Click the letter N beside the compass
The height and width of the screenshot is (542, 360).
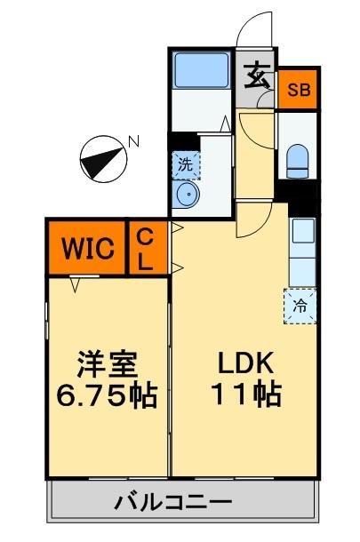coord(133,140)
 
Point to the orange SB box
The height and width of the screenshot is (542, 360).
coord(299,90)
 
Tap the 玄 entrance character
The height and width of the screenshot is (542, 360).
coord(256,77)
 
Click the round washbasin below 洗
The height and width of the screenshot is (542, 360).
coord(186,195)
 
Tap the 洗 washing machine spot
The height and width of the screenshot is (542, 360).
coord(185,163)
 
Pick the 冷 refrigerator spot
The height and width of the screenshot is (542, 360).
coord(301,306)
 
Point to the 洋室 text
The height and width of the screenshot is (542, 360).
coord(108,364)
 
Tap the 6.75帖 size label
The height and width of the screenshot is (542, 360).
coord(106,394)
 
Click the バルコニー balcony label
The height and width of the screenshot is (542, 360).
coord(173,503)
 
